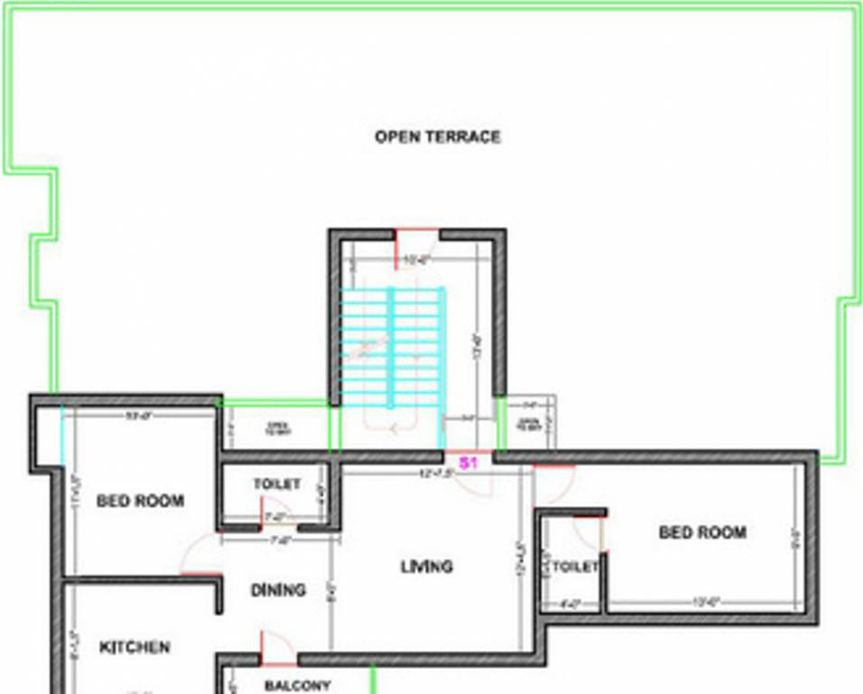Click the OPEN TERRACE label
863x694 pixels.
437,137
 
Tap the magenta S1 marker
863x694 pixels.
468,463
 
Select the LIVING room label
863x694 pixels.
426,567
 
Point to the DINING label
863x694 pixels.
278,590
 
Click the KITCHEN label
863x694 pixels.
135,647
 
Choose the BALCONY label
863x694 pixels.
297,686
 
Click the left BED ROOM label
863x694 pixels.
140,501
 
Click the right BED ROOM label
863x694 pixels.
702,532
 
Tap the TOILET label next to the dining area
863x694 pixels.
277,484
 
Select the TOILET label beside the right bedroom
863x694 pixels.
575,567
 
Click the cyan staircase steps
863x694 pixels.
392,348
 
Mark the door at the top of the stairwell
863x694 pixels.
416,241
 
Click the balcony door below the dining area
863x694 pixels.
275,647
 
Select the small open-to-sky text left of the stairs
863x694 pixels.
274,428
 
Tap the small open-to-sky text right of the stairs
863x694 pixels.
528,425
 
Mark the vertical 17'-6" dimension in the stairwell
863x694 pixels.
476,348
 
